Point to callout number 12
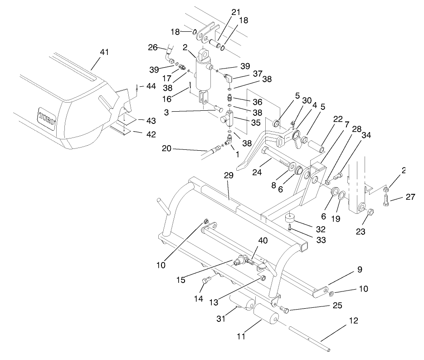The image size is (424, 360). pos(353,321)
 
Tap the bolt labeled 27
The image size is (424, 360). pos(385,200)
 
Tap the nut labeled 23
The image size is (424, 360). pos(370,212)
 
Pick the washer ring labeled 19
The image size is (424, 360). pos(342,196)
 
